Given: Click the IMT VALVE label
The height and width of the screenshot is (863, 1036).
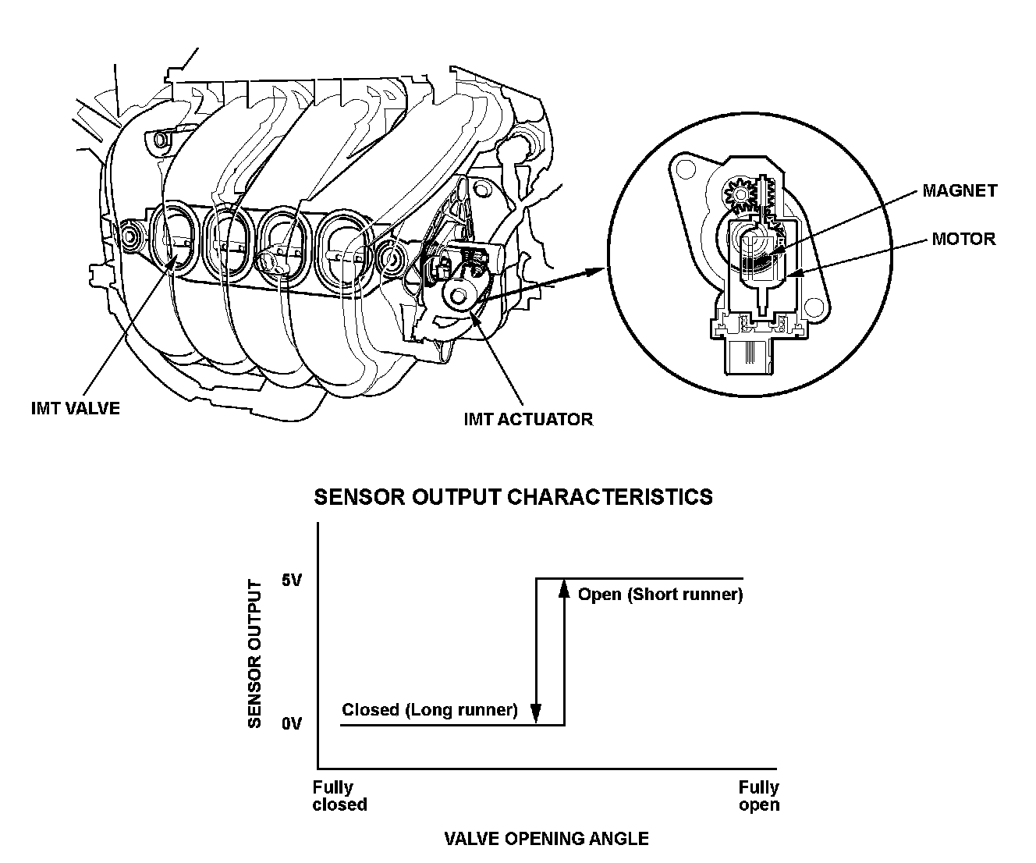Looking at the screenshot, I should (x=76, y=408).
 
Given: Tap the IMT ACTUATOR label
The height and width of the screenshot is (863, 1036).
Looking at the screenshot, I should (x=528, y=419).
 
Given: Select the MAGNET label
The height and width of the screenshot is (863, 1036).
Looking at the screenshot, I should (x=960, y=190).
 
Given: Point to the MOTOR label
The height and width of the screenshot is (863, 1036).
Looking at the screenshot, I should (x=963, y=239).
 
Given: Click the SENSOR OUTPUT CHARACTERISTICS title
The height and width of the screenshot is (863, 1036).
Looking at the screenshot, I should (x=513, y=497).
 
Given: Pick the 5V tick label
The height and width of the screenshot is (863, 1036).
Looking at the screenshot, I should (x=291, y=581).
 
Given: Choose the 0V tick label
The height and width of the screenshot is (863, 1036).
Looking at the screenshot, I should (x=291, y=724).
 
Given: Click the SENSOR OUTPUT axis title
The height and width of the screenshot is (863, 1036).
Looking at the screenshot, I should (x=254, y=654).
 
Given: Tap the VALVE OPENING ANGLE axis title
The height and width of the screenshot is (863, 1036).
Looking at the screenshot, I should (x=546, y=839).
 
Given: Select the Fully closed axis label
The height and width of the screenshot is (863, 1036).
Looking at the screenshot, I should (x=339, y=796).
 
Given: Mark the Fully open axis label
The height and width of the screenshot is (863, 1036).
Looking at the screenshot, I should (x=758, y=796).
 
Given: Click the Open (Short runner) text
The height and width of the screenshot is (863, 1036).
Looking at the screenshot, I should (x=660, y=595).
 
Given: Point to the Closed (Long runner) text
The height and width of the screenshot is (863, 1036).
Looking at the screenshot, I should (x=430, y=710).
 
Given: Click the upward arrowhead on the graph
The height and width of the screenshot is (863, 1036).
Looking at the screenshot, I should (x=563, y=589).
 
